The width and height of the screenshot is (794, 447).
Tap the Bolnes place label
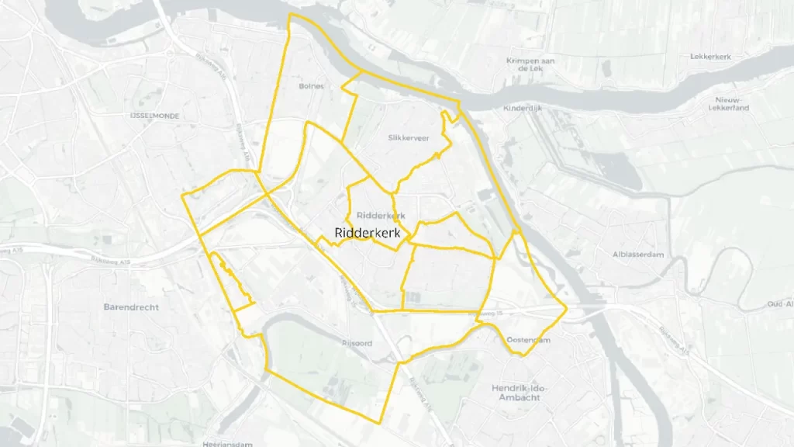click(311, 86)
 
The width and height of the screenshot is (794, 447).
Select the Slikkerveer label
click(408, 137)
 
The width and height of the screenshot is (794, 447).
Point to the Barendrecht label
click(131, 307)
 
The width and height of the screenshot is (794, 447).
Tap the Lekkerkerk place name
click(711, 57)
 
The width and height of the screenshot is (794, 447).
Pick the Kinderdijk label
click(522, 108)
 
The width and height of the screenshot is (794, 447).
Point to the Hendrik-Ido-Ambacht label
click(527, 392)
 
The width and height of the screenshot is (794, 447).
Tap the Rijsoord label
click(357, 341)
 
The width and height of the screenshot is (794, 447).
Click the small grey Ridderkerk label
click(381, 215)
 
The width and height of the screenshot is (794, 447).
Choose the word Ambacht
click(527, 397)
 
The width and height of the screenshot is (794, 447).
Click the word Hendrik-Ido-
click(527, 386)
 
